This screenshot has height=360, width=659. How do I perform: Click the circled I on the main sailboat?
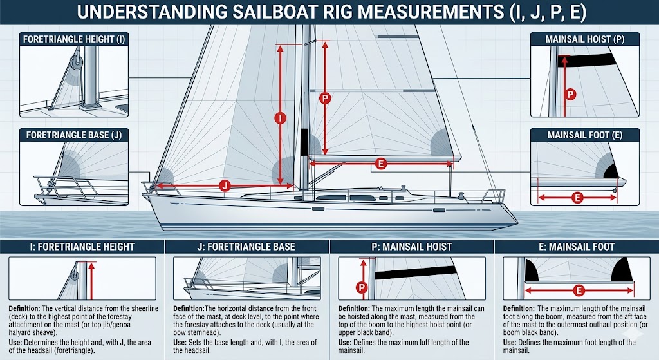point(280,118)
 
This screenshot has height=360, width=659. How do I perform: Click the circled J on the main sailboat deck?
point(225,185)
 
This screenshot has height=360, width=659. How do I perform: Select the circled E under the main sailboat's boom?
point(380,164)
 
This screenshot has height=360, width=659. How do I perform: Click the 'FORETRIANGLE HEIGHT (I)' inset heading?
point(73,39)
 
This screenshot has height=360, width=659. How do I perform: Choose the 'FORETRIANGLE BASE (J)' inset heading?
point(73,135)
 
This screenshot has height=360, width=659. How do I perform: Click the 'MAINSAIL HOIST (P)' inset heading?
point(584,39)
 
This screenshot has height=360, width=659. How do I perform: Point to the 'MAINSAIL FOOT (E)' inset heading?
point(584,135)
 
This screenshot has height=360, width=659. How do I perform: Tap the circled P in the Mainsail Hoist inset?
point(570,94)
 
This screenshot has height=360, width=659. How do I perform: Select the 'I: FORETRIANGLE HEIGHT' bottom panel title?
point(82,247)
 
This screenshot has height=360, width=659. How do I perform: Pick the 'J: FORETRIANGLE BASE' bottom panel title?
point(247,247)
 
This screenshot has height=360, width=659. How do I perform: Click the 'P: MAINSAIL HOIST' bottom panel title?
point(411,247)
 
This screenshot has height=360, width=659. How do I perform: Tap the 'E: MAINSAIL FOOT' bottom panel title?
point(576,247)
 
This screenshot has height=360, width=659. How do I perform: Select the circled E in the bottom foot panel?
point(578,291)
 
